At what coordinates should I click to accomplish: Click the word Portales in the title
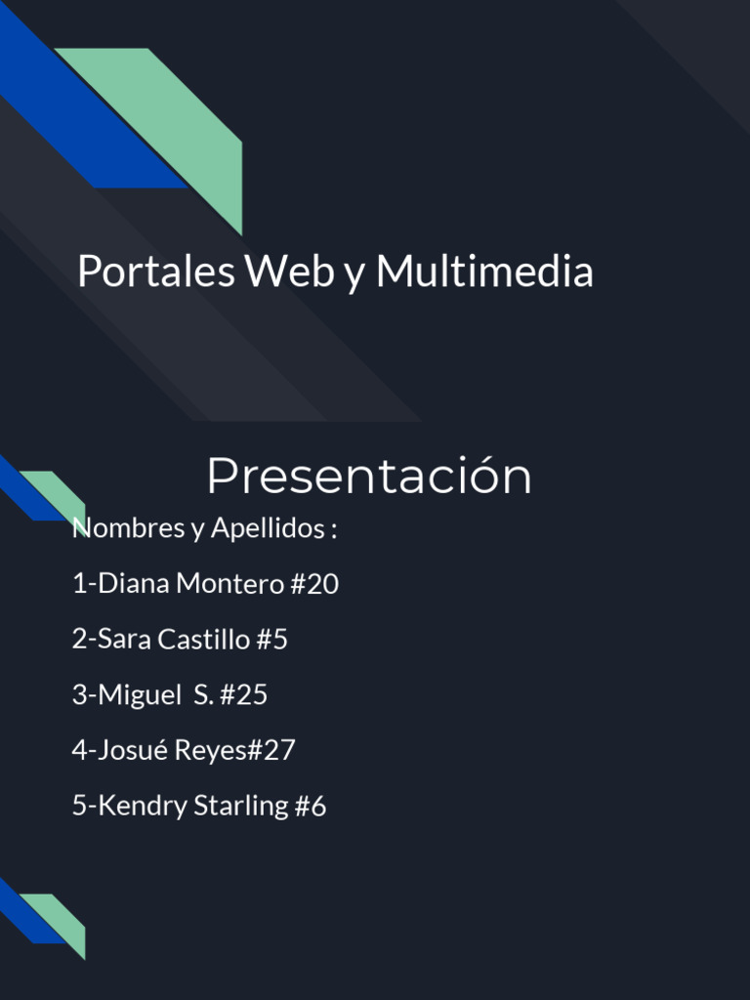pos(156,271)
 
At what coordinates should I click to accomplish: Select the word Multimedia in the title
pos(484,271)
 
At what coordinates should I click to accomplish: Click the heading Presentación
pos(369,477)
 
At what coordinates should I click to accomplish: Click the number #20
pos(314,584)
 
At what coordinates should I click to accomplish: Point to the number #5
pos(272,640)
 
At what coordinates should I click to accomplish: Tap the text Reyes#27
pos(235,750)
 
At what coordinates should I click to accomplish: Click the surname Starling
pos(241,807)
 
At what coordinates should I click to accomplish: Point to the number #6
pos(311,807)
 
